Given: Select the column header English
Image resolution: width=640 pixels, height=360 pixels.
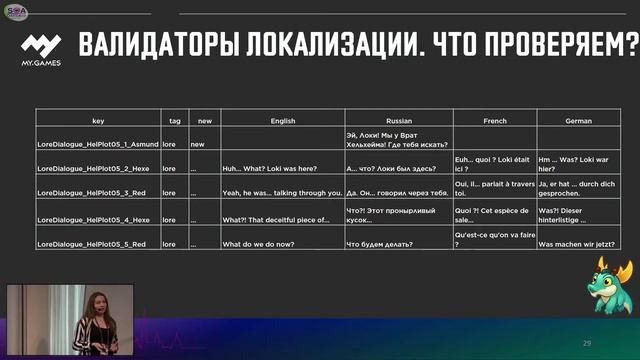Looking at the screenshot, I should point(282,121).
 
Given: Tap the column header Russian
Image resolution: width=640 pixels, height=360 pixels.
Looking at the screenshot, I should point(398,121).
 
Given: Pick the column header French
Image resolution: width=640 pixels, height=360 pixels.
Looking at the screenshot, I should point(494,121).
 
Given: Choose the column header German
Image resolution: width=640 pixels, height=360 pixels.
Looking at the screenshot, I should point(578,121).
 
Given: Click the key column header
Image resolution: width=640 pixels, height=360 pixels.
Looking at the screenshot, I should point(97,121).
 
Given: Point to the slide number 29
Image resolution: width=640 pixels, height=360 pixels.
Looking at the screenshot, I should point(587,344).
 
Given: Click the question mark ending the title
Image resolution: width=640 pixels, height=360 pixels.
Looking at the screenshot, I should point(632,46).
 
